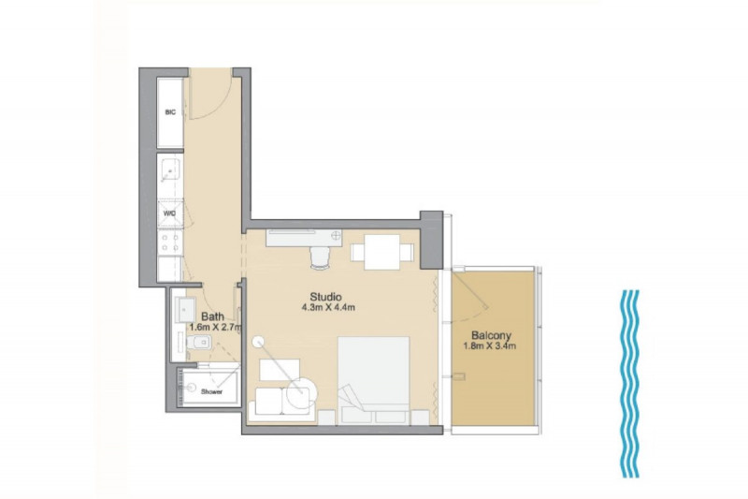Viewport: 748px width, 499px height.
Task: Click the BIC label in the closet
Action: click(170, 112)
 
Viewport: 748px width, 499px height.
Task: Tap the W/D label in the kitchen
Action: click(170, 213)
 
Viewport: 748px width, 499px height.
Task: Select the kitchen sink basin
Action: click(170, 169)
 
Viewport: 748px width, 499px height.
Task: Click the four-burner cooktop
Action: click(170, 242)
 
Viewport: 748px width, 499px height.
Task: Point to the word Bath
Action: click(213, 316)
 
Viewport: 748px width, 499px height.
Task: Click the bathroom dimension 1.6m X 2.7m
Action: click(216, 328)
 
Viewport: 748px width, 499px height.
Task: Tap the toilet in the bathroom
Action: click(199, 343)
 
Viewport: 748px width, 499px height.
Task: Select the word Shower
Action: click(212, 391)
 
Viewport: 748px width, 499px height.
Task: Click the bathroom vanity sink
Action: click(185, 310)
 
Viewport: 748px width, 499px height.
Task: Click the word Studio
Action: click(325, 297)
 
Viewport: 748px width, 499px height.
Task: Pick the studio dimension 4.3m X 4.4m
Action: click(328, 308)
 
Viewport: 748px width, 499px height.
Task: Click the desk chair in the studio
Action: click(320, 257)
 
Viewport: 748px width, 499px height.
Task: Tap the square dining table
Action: click(382, 252)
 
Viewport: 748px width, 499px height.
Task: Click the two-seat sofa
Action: click(282, 404)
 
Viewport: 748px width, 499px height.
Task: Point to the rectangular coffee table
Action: click(280, 370)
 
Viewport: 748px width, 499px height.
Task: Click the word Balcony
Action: click(492, 336)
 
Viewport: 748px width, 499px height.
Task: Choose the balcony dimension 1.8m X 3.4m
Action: click(489, 346)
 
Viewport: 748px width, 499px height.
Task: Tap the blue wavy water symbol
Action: click(630, 384)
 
